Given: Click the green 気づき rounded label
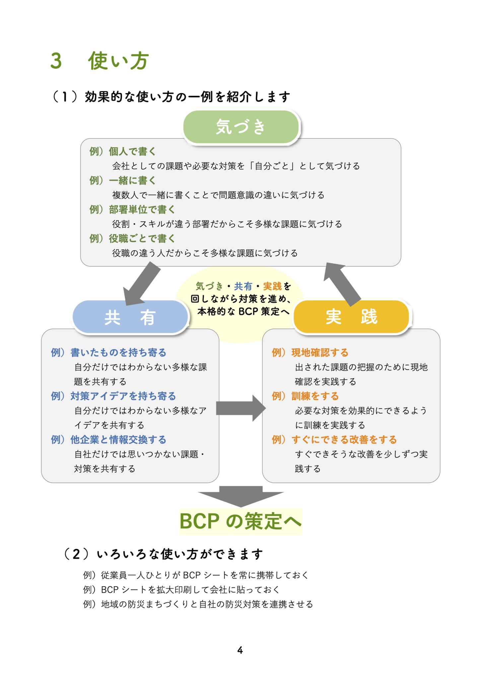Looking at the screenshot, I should coord(241,127).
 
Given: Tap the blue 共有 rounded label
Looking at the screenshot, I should coord(130,317).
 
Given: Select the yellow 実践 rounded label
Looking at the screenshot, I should coord(351,317).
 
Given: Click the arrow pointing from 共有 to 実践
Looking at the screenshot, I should coord(240,408).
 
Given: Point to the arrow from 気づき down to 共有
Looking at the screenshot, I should coord(142,284).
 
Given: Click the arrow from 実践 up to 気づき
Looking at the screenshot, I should coord(342,284).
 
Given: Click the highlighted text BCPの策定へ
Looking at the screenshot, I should coord(240,521).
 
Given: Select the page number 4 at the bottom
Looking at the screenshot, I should coord(240,650).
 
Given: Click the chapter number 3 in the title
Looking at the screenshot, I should coord(56,61).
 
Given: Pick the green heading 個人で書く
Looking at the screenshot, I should coord(132,152).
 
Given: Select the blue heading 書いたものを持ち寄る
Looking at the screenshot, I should coord(118,352).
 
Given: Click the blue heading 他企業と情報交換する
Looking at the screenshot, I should coord(118,440).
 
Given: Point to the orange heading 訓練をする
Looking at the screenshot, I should coord(315,396).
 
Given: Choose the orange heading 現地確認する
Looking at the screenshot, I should coord(320,352).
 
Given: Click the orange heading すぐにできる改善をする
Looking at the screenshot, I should coord(344,440).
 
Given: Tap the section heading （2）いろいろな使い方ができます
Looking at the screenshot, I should coord(163,554).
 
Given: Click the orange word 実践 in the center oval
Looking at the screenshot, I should coord(272,286).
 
